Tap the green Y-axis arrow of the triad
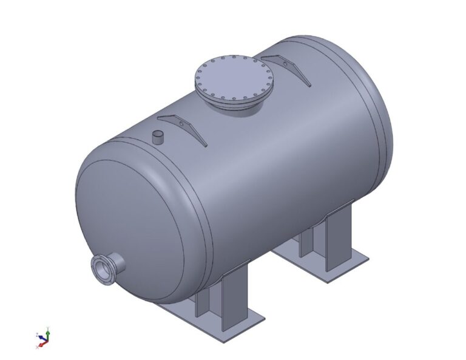coord(47,333)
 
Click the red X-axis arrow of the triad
coord(40,344)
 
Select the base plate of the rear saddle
coord(328,267)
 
